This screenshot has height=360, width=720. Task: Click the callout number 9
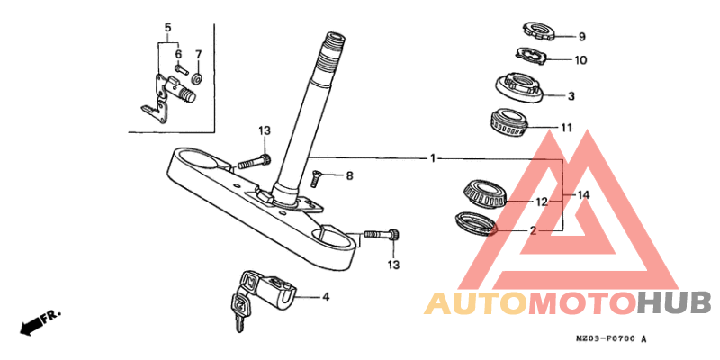pyautogui.click(x=581, y=37)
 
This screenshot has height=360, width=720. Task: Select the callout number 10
pyautogui.click(x=580, y=60)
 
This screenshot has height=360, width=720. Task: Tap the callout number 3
pyautogui.click(x=571, y=96)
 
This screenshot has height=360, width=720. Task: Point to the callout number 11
pyautogui.click(x=566, y=127)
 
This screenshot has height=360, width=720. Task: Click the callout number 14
pyautogui.click(x=583, y=195)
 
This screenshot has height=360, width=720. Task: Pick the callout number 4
pyautogui.click(x=326, y=297)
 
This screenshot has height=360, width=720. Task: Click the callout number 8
pyautogui.click(x=349, y=175)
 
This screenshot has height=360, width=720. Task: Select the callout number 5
pyautogui.click(x=167, y=27)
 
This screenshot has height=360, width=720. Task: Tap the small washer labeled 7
pyautogui.click(x=198, y=79)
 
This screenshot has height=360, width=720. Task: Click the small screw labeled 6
pyautogui.click(x=182, y=70)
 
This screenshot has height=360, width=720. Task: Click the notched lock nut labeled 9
pyautogui.click(x=540, y=31)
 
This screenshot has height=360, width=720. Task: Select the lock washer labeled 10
pyautogui.click(x=532, y=55)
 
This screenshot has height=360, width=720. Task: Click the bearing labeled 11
pyautogui.click(x=508, y=124)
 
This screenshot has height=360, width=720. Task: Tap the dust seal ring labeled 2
pyautogui.click(x=476, y=223)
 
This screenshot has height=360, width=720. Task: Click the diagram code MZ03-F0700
pyautogui.click(x=606, y=339)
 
